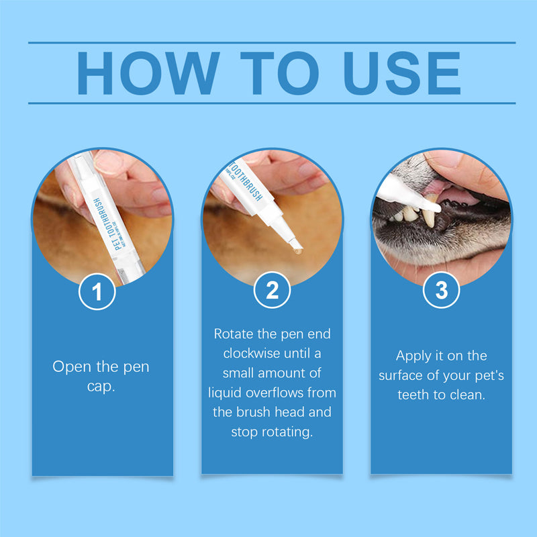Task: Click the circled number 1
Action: point(97,292)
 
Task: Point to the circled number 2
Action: point(272,291)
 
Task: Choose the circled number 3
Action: point(441,291)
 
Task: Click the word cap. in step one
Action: point(101,387)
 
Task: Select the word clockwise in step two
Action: point(249,353)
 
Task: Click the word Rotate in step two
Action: point(232,334)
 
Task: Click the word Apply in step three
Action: point(413,356)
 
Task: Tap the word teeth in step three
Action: point(413,395)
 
